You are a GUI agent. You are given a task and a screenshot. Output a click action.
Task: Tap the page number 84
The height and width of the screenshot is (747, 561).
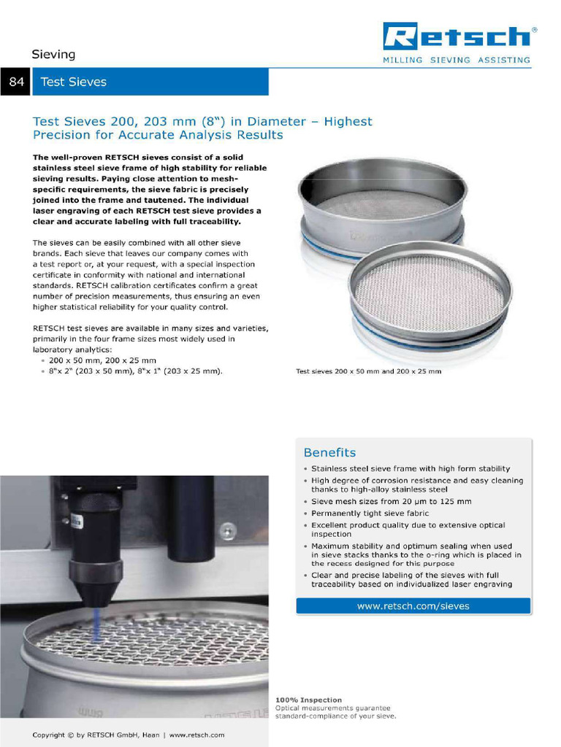point(15,82)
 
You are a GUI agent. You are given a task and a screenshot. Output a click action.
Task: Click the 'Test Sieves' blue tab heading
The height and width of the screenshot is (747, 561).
point(74,82)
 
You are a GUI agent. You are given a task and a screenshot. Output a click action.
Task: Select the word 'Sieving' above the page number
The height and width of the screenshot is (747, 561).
point(53,55)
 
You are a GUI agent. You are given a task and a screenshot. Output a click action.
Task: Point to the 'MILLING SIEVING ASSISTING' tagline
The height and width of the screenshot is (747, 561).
point(457,60)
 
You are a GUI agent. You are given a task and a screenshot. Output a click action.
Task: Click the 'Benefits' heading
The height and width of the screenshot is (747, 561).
point(329,452)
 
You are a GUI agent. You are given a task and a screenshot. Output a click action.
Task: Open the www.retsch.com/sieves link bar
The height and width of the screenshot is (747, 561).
point(413,605)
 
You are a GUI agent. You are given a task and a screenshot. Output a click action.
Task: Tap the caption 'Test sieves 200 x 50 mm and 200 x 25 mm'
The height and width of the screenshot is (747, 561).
point(368,371)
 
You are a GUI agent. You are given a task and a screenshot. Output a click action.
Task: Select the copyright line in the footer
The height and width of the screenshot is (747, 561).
point(129,735)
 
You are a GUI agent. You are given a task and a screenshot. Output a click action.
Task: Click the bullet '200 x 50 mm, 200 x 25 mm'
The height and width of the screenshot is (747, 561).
point(102,360)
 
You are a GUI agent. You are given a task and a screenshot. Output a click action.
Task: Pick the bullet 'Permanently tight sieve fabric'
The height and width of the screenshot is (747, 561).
point(370,514)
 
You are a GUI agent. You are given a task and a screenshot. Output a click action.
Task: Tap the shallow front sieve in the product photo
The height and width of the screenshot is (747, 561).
point(430,292)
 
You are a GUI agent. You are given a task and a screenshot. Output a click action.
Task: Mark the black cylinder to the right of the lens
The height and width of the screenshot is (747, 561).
point(191,518)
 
